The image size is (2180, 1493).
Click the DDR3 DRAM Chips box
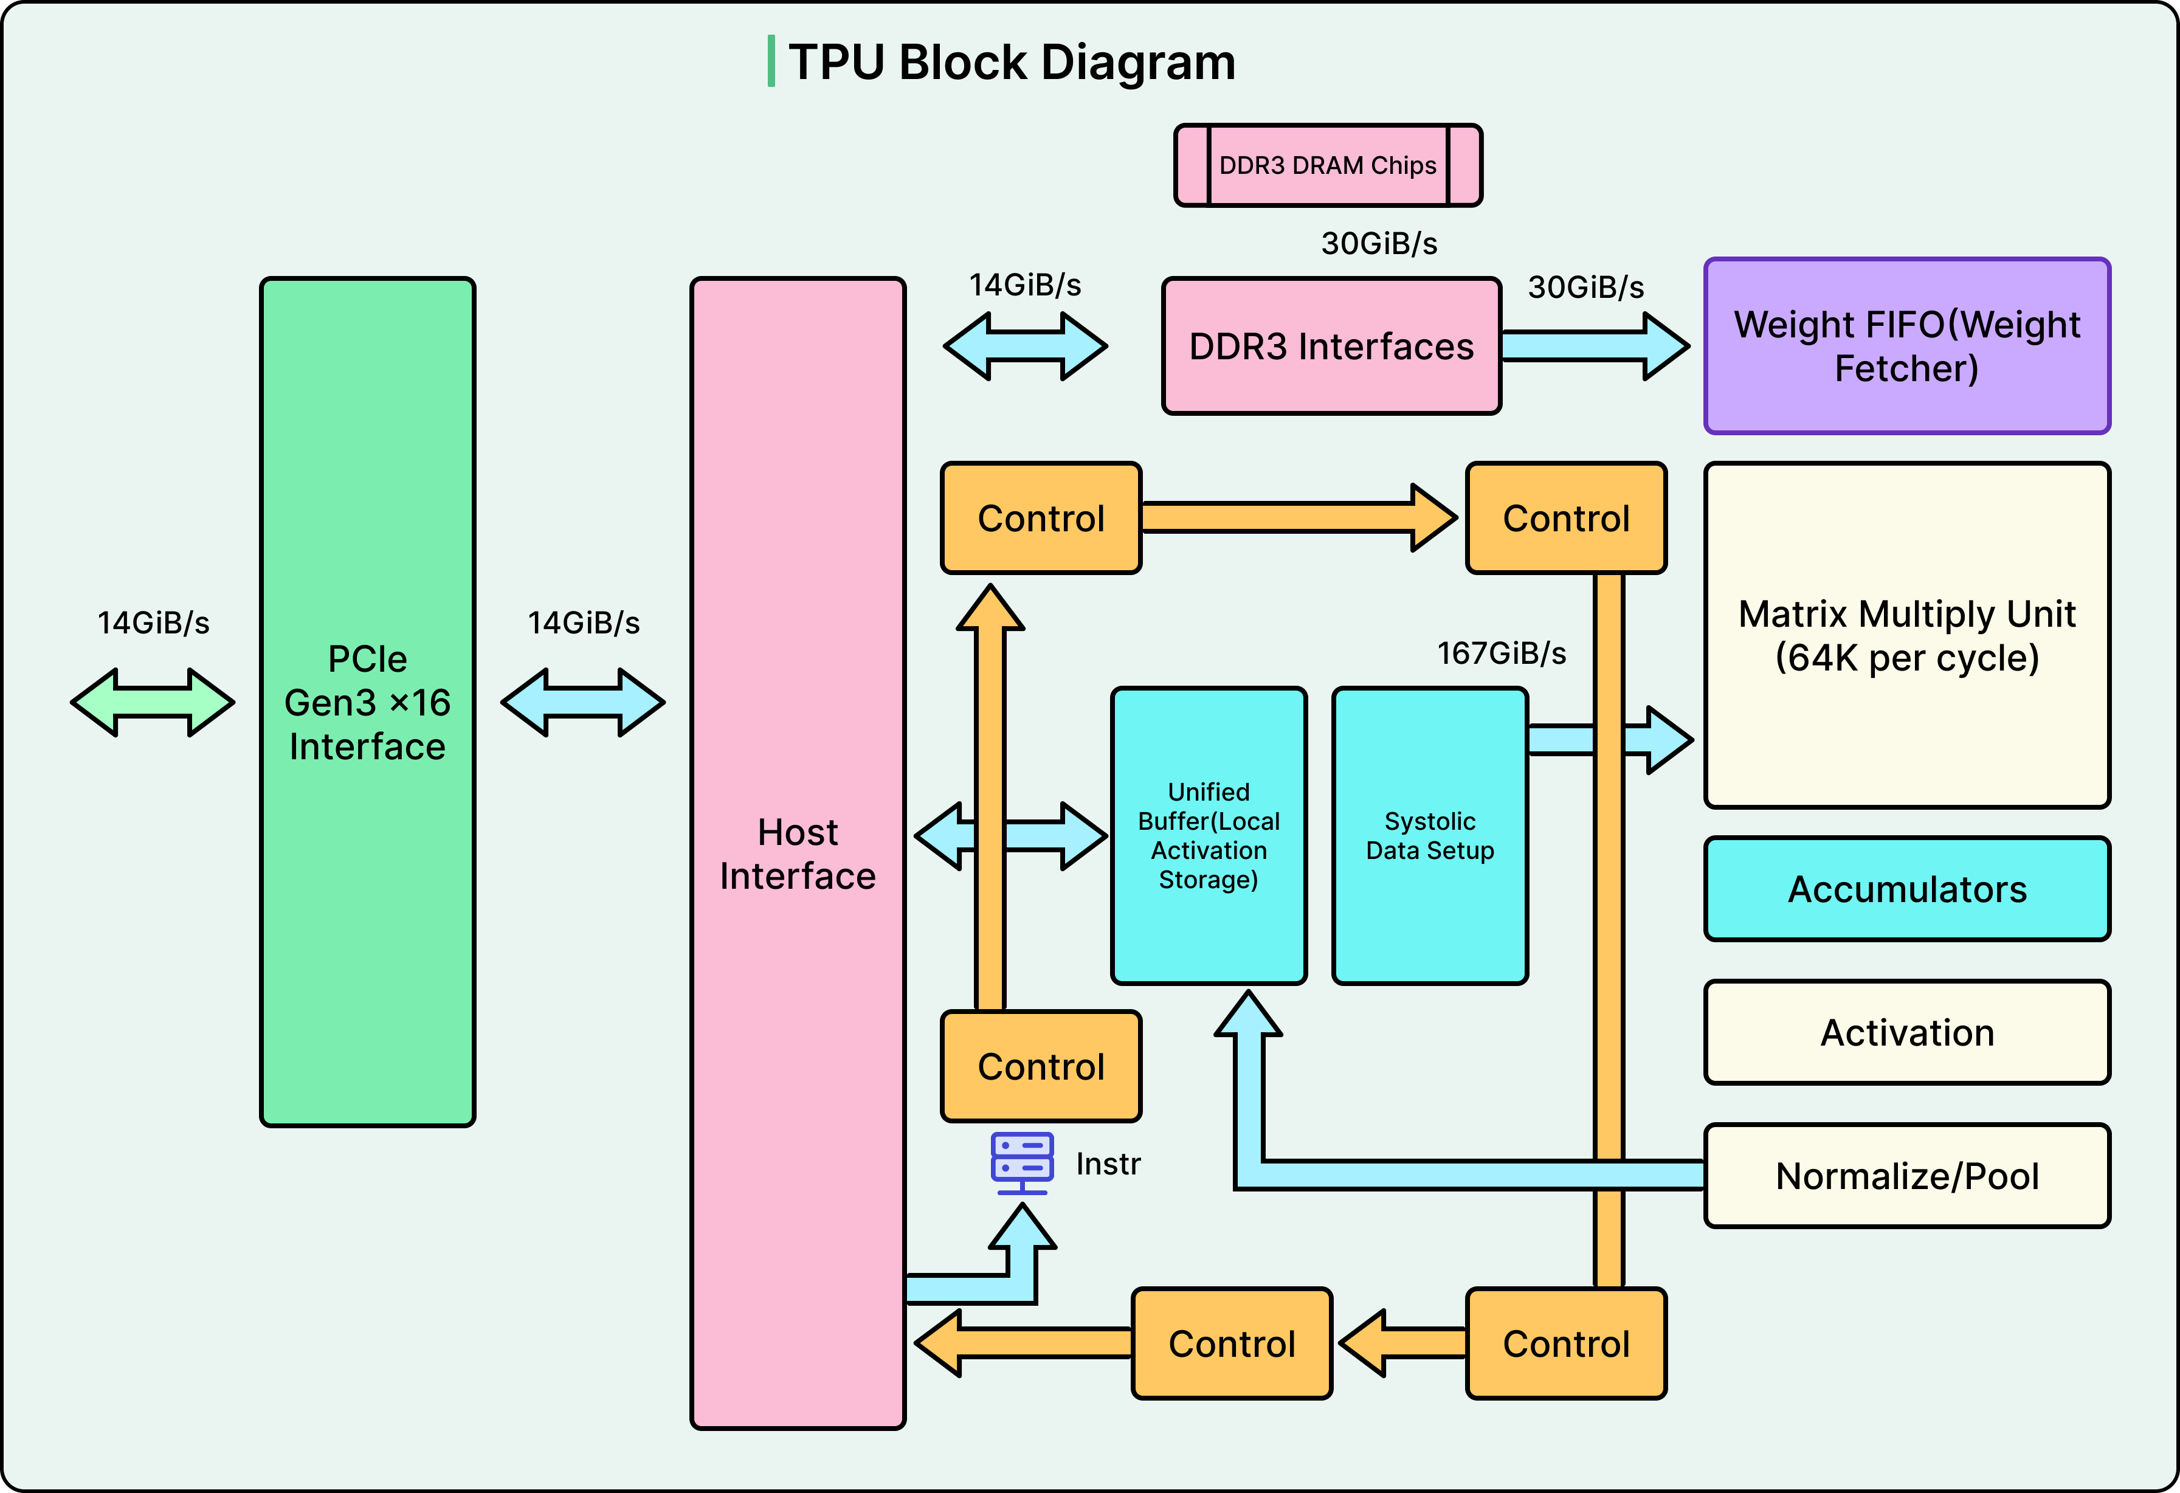tap(1327, 165)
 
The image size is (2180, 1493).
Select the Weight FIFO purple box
tap(1906, 346)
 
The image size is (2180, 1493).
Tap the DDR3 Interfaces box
tap(1331, 346)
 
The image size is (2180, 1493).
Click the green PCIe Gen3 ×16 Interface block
tap(368, 702)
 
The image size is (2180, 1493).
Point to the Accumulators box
tap(1906, 889)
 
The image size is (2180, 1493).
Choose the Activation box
tap(1906, 1033)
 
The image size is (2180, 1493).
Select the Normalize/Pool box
tap(1906, 1176)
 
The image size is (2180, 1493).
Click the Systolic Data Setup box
tap(1430, 836)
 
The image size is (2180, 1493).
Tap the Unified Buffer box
tap(1208, 836)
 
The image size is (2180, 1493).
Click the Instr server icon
tap(1021, 1163)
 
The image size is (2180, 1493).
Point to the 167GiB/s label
tap(1501, 653)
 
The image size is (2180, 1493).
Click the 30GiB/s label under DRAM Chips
tap(1379, 244)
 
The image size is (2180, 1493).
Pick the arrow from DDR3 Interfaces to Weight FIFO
tap(1595, 346)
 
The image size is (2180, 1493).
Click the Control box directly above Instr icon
tap(1040, 1066)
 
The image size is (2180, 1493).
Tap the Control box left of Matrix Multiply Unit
tap(1565, 518)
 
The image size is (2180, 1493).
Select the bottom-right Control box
tap(1565, 1344)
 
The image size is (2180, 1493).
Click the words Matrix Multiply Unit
tap(1906, 614)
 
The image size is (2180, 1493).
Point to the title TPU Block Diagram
tap(1011, 62)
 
